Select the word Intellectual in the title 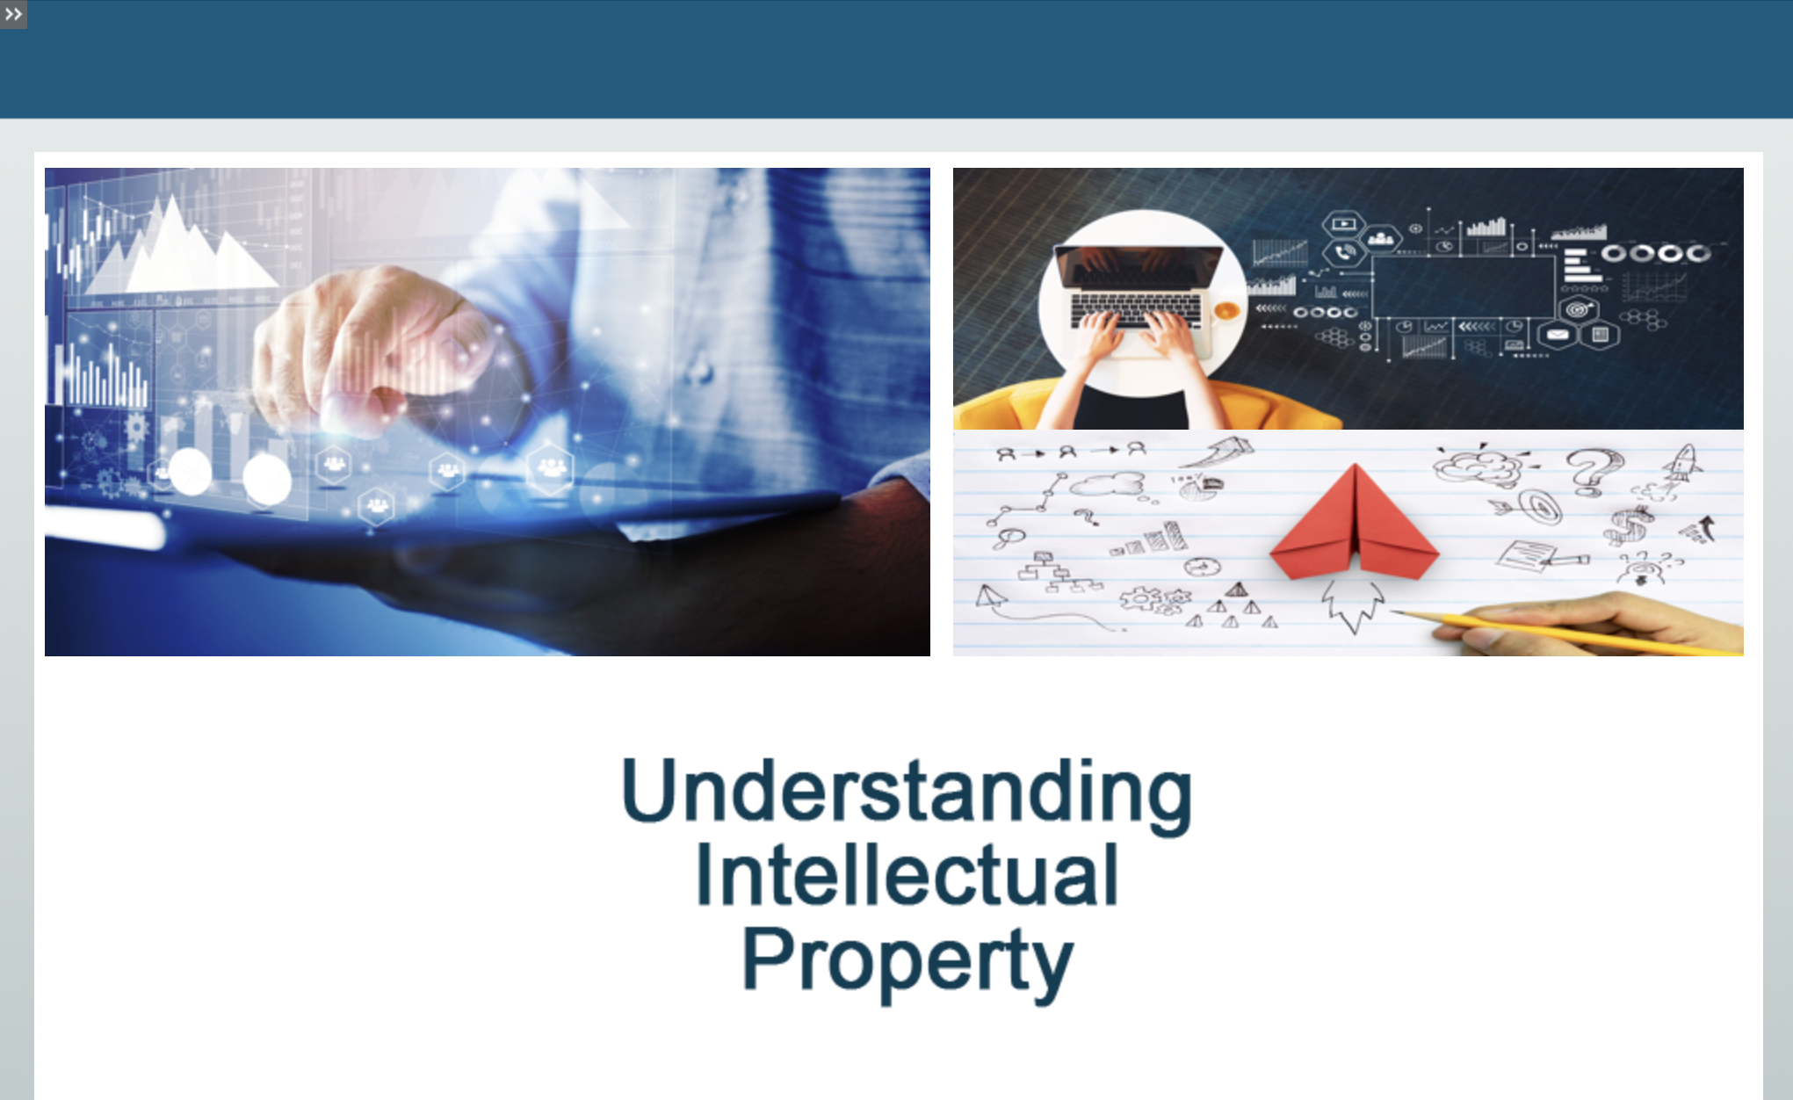pos(907,875)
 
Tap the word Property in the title pos(907,963)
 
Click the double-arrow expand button pos(13,14)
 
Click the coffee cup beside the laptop pos(1226,310)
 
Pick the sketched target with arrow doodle pos(1533,507)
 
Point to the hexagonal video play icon pos(1343,224)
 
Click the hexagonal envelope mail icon pos(1557,335)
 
